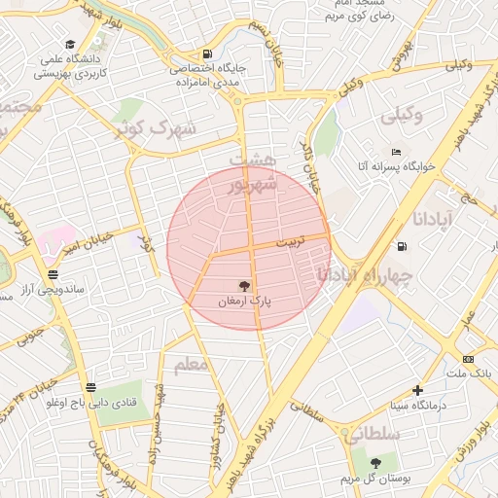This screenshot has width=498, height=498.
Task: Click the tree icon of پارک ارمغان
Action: click(243, 286)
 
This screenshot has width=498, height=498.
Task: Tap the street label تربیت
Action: click(289, 239)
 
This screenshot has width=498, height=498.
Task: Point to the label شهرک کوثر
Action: click(156, 127)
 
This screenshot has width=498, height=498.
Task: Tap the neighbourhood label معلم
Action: click(191, 366)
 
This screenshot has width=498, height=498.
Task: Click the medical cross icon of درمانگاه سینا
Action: click(417, 389)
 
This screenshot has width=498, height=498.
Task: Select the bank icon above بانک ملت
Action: click(468, 359)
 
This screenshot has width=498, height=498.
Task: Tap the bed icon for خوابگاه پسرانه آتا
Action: click(395, 153)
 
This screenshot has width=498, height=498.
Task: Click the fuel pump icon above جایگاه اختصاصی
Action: click(206, 53)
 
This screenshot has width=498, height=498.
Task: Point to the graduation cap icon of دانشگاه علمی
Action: click(70, 44)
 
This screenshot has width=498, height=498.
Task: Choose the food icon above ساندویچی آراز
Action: click(53, 275)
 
